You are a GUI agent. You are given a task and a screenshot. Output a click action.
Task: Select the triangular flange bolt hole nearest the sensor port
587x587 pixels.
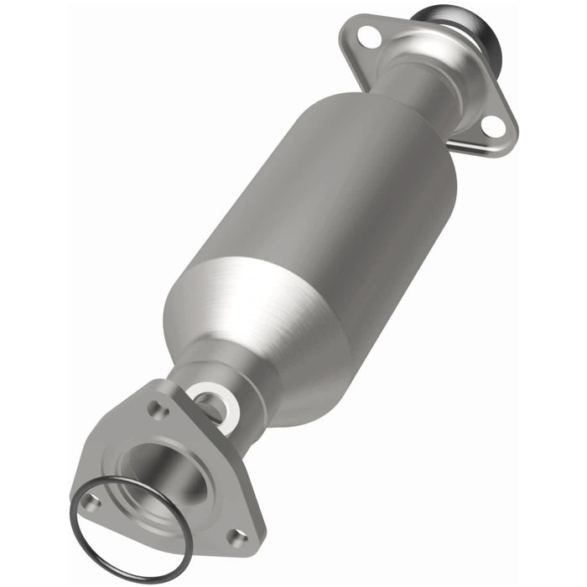tap(156, 409)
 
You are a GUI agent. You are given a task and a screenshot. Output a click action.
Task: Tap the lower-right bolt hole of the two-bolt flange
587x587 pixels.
tap(494, 126)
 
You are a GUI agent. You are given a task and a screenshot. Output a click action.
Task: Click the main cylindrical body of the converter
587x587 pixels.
tap(335, 210)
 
